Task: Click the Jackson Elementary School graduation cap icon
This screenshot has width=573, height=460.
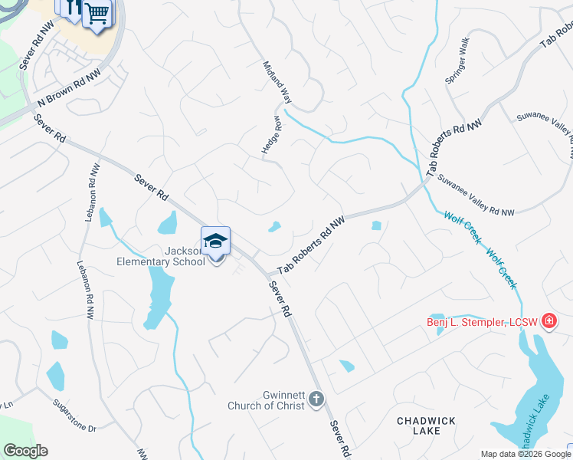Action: point(215,241)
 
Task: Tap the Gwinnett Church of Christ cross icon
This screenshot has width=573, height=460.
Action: point(316,398)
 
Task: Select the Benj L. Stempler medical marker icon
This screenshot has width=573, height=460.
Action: point(548,321)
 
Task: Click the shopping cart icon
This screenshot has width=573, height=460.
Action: point(97,13)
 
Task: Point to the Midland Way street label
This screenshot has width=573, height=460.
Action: point(277,82)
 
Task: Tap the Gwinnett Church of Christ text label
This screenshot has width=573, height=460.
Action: point(267,400)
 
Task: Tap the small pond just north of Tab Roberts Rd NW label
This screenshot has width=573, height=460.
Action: point(274,227)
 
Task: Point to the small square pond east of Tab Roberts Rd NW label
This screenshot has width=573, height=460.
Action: point(376,225)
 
